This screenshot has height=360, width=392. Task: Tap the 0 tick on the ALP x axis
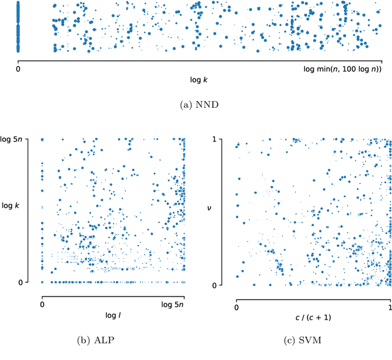(x=42, y=304)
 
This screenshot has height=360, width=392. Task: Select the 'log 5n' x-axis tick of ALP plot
(x=181, y=304)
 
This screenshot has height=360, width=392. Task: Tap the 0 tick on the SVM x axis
(x=236, y=307)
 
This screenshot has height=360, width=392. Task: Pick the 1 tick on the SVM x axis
(x=390, y=307)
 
